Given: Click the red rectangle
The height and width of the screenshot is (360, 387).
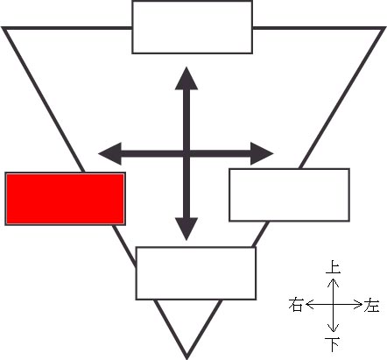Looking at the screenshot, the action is [x=66, y=199].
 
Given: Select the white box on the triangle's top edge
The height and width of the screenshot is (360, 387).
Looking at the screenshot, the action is [x=193, y=27].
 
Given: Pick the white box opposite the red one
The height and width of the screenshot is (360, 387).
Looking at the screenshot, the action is [x=289, y=194].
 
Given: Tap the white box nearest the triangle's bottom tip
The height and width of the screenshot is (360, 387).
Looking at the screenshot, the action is [x=196, y=273].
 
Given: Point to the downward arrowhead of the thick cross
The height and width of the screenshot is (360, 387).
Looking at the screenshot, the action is [x=186, y=229].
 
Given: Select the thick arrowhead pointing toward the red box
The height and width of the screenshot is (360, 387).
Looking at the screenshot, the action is [x=109, y=153].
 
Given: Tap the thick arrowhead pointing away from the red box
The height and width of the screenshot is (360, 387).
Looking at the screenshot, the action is [x=262, y=153].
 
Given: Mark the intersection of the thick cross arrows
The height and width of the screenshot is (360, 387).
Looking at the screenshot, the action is [x=186, y=153].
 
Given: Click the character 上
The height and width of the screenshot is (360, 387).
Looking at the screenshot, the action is [x=333, y=267].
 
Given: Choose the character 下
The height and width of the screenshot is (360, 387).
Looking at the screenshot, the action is [x=333, y=344].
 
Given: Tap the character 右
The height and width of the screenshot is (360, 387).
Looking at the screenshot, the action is [x=295, y=305].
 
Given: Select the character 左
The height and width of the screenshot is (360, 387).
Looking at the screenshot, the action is [x=371, y=305].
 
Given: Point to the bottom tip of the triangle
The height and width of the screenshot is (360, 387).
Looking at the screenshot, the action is [x=186, y=358].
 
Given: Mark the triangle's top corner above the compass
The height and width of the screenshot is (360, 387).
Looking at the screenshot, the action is [x=384, y=28].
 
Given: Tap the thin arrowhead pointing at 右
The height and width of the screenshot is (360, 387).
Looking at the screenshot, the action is [x=309, y=305].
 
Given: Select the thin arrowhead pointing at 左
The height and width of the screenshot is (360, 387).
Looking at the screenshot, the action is [x=358, y=305].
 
